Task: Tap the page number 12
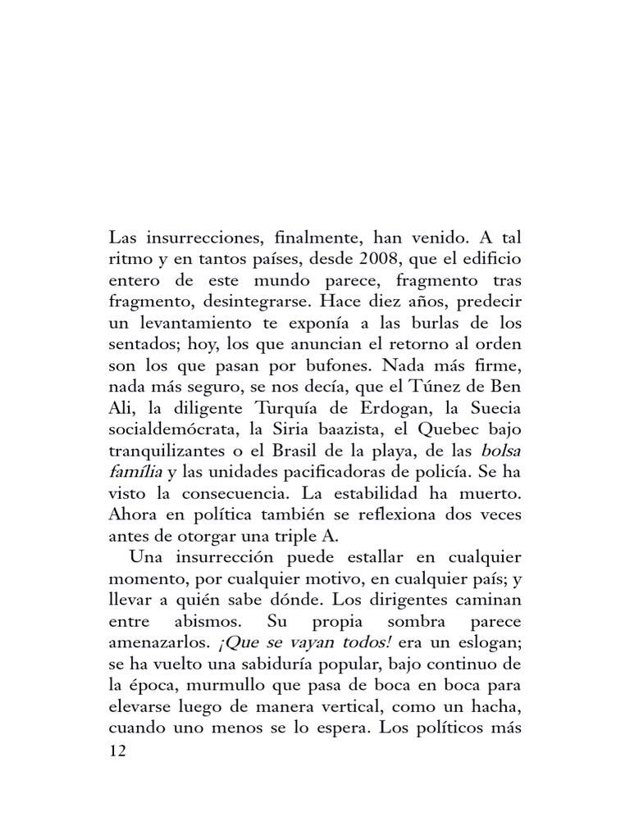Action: (117, 751)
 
